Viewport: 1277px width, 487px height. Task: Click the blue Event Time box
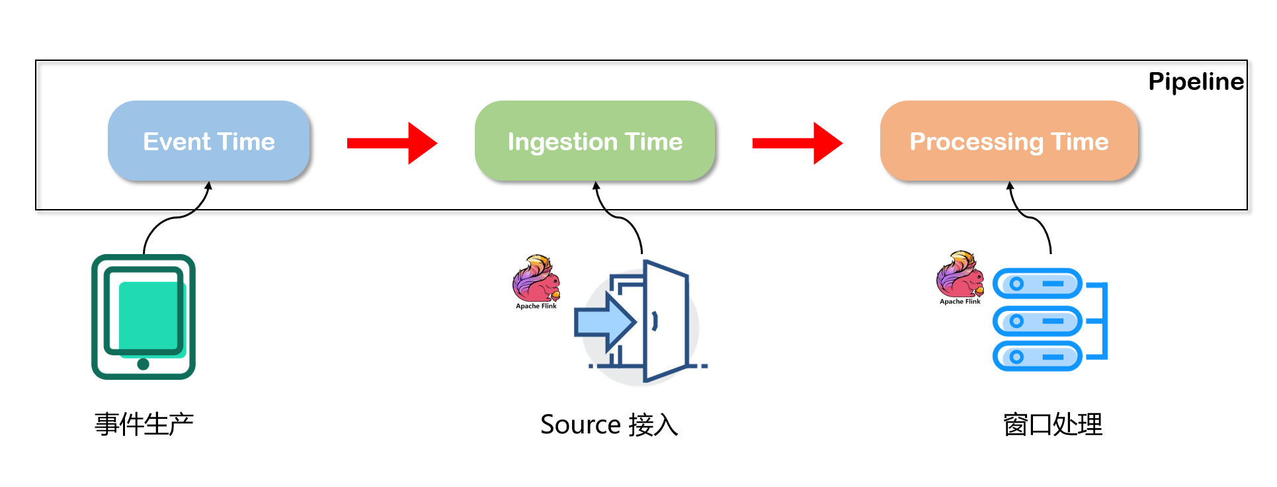click(x=209, y=141)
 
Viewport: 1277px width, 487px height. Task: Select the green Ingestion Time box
click(x=595, y=141)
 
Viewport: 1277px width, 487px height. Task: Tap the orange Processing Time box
click(x=1009, y=141)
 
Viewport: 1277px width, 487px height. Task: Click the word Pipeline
click(x=1196, y=81)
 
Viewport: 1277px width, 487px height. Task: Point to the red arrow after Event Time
click(x=393, y=143)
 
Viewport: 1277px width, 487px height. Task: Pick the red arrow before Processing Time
click(x=798, y=143)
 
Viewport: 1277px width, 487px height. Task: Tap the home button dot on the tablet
click(x=144, y=364)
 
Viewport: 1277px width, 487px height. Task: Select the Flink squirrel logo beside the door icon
click(x=536, y=279)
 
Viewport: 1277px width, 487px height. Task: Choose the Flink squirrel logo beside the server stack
click(x=960, y=275)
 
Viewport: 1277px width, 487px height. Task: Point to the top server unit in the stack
click(x=1036, y=284)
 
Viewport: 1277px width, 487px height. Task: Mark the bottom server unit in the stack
click(x=1036, y=357)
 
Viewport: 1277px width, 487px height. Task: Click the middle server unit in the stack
click(x=1036, y=321)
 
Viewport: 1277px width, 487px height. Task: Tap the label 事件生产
click(x=144, y=424)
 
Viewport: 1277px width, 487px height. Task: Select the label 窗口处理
click(x=1053, y=424)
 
